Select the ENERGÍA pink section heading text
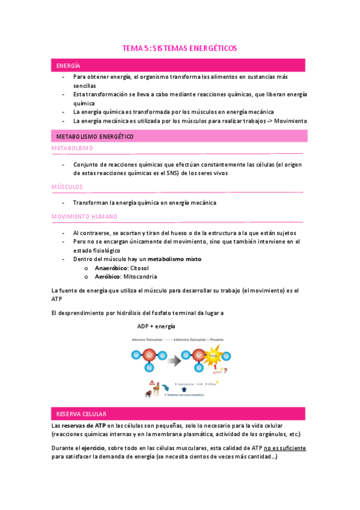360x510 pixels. click(x=69, y=65)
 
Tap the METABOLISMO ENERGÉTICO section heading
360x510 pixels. click(x=94, y=137)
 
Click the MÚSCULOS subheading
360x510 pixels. click(x=67, y=187)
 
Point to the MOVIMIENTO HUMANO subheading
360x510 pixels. click(x=84, y=217)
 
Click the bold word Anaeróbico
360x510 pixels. click(x=111, y=268)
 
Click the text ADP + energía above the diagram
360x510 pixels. click(x=156, y=325)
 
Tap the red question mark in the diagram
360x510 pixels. click(x=225, y=370)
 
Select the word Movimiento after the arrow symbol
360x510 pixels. click(x=290, y=120)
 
